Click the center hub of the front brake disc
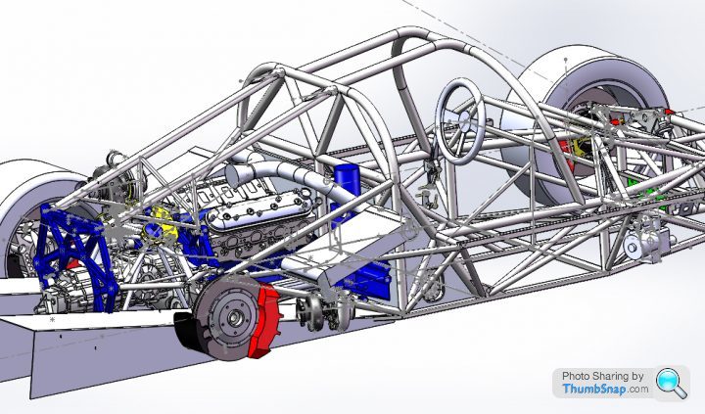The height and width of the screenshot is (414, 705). pos(234,318)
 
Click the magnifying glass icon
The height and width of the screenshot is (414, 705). pos(672,383)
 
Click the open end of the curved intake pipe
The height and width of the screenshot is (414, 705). pos(233,175)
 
